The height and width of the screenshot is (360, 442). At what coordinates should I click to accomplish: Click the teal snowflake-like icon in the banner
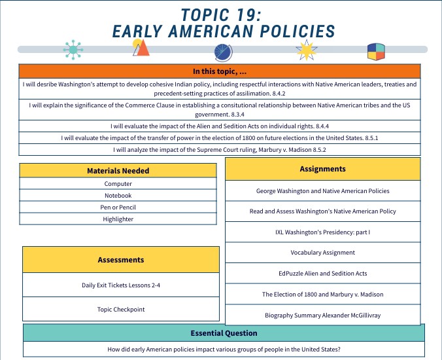(x=73, y=48)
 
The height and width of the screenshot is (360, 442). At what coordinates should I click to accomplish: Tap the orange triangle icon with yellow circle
(x=140, y=47)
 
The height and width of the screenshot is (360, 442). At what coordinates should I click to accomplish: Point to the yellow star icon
(x=305, y=50)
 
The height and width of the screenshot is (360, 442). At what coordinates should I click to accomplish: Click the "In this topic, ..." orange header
(x=219, y=71)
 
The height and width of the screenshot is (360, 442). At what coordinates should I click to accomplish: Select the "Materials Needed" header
(x=118, y=171)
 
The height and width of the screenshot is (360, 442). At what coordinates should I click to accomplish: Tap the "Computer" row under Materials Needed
(x=118, y=184)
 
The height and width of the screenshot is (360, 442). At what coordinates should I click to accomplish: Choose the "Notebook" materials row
(x=118, y=196)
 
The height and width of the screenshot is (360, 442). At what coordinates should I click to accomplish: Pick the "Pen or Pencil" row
(x=118, y=207)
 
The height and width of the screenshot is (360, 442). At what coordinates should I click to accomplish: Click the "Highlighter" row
(x=118, y=219)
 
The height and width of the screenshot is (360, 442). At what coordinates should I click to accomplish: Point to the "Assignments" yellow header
(x=322, y=169)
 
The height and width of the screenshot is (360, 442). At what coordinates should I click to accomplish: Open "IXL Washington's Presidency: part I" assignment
(x=322, y=232)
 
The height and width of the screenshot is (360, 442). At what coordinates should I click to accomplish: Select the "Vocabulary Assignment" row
(x=322, y=253)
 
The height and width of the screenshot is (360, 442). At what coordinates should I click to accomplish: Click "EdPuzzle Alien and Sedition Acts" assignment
(x=322, y=274)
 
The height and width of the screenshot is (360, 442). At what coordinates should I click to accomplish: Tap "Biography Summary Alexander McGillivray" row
(x=322, y=315)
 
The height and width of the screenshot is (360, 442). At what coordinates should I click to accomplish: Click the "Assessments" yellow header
(x=120, y=260)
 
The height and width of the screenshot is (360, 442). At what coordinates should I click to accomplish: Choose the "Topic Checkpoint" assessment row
(x=120, y=309)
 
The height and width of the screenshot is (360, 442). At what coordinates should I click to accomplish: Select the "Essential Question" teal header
(x=224, y=333)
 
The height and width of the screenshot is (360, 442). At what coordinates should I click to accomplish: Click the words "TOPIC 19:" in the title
(x=224, y=15)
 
